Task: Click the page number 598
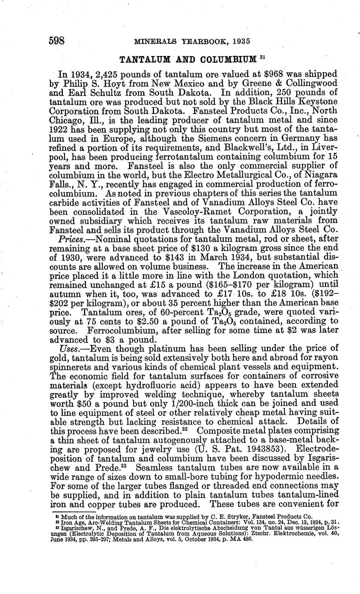(x=56, y=41)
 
